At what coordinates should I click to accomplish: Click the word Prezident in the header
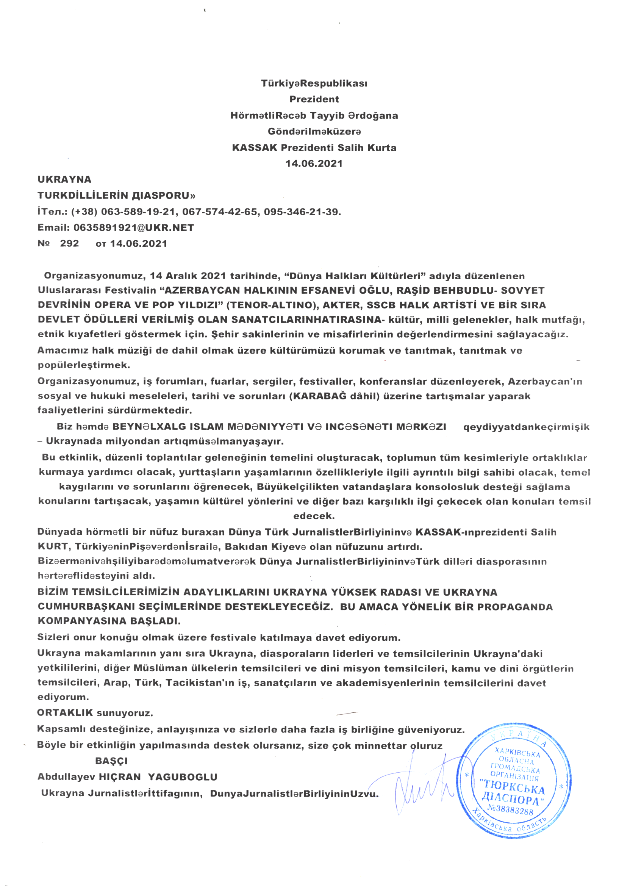tap(314, 99)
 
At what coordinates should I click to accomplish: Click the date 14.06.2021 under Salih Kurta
tap(314, 163)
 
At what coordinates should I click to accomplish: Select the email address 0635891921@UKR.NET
tap(134, 228)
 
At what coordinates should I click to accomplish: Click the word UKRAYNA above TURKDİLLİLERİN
tap(64, 179)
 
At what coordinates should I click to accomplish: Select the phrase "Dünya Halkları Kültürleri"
tap(354, 276)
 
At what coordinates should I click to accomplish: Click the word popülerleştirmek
tap(84, 365)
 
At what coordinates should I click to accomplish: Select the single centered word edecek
tap(314, 516)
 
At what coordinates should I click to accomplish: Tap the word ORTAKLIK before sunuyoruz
tap(65, 712)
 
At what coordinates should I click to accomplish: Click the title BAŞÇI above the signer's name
tap(111, 761)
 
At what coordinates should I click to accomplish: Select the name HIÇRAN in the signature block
tap(119, 777)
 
